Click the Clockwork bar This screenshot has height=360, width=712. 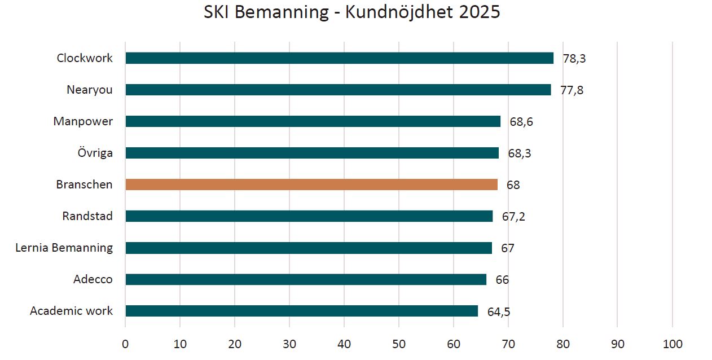tap(340, 58)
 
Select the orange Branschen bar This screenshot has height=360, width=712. tap(311, 185)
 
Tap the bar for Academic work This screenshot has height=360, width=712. tap(302, 311)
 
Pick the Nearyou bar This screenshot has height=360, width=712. tap(338, 90)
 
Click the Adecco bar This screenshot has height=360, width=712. tap(306, 279)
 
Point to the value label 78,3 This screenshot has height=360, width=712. tap(574, 59)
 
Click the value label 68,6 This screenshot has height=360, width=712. tap(521, 122)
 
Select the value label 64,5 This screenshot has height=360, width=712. tap(499, 312)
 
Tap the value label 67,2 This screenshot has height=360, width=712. tap(513, 217)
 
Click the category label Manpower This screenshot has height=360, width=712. tap(83, 121)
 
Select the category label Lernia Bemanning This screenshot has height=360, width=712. tap(64, 247)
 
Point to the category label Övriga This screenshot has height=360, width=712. tap(95, 153)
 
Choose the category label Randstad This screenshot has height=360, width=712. tap(87, 216)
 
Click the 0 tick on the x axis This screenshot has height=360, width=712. tap(125, 344)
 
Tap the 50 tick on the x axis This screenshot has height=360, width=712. tap(398, 344)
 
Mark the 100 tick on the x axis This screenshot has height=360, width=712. tap(673, 344)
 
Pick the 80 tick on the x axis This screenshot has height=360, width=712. tap(563, 344)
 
